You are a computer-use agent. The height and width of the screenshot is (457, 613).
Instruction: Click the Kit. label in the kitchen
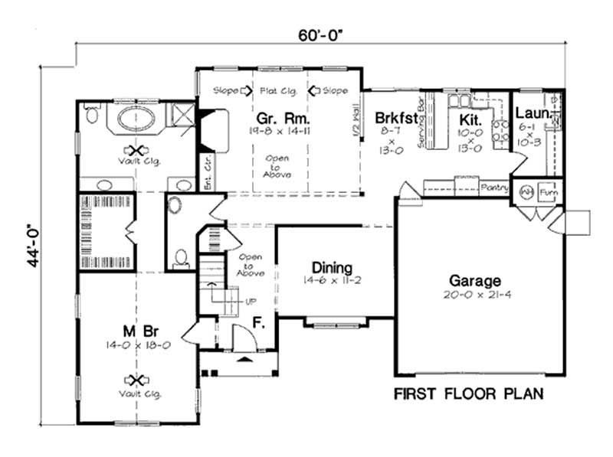pyautogui.click(x=469, y=119)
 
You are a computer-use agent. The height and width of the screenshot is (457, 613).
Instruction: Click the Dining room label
pyautogui.click(x=332, y=268)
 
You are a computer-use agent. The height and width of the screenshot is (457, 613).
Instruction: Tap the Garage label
pyautogui.click(x=475, y=281)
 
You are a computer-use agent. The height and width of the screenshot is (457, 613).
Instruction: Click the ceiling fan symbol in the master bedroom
pyautogui.click(x=138, y=380)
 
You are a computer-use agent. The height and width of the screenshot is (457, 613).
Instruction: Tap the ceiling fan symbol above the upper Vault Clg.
pyautogui.click(x=138, y=150)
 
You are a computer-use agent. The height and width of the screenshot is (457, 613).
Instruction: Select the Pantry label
pyautogui.click(x=491, y=186)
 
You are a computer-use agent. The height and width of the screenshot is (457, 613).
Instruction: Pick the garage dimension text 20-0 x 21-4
pyautogui.click(x=475, y=295)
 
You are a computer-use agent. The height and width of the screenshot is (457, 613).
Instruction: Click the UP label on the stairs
pyautogui.click(x=251, y=300)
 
